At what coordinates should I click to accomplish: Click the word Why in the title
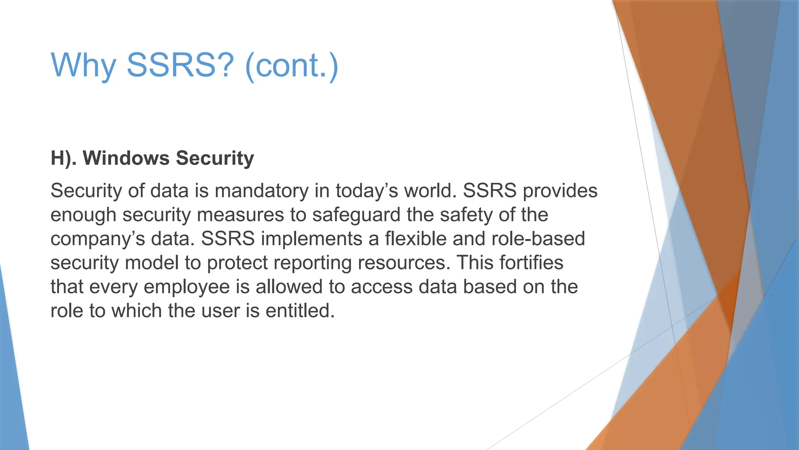click(x=83, y=65)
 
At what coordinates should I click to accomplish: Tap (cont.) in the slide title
click(x=291, y=65)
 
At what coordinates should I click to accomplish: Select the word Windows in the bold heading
click(x=126, y=158)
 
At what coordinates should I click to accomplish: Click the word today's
click(x=367, y=191)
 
